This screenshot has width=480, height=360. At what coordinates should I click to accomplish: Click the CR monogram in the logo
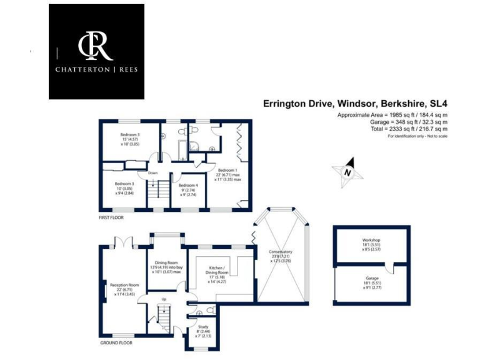click(x=96, y=47)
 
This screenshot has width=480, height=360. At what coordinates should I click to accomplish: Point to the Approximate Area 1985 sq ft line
click(x=392, y=116)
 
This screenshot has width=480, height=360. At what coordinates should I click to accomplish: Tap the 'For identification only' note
click(x=417, y=136)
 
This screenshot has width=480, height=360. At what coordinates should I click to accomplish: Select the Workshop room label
click(x=371, y=240)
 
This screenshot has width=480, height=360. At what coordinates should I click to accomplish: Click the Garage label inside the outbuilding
click(x=371, y=279)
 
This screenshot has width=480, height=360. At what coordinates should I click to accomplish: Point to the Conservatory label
click(x=281, y=252)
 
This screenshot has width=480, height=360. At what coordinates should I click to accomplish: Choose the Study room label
click(x=204, y=326)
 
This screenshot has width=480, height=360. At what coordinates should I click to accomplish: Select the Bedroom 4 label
click(x=188, y=186)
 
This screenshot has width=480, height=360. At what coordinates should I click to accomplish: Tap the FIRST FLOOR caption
click(x=111, y=217)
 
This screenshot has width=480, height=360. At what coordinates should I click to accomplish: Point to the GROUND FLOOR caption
click(x=116, y=342)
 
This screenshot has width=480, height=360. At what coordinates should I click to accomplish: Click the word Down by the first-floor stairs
click(x=152, y=173)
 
